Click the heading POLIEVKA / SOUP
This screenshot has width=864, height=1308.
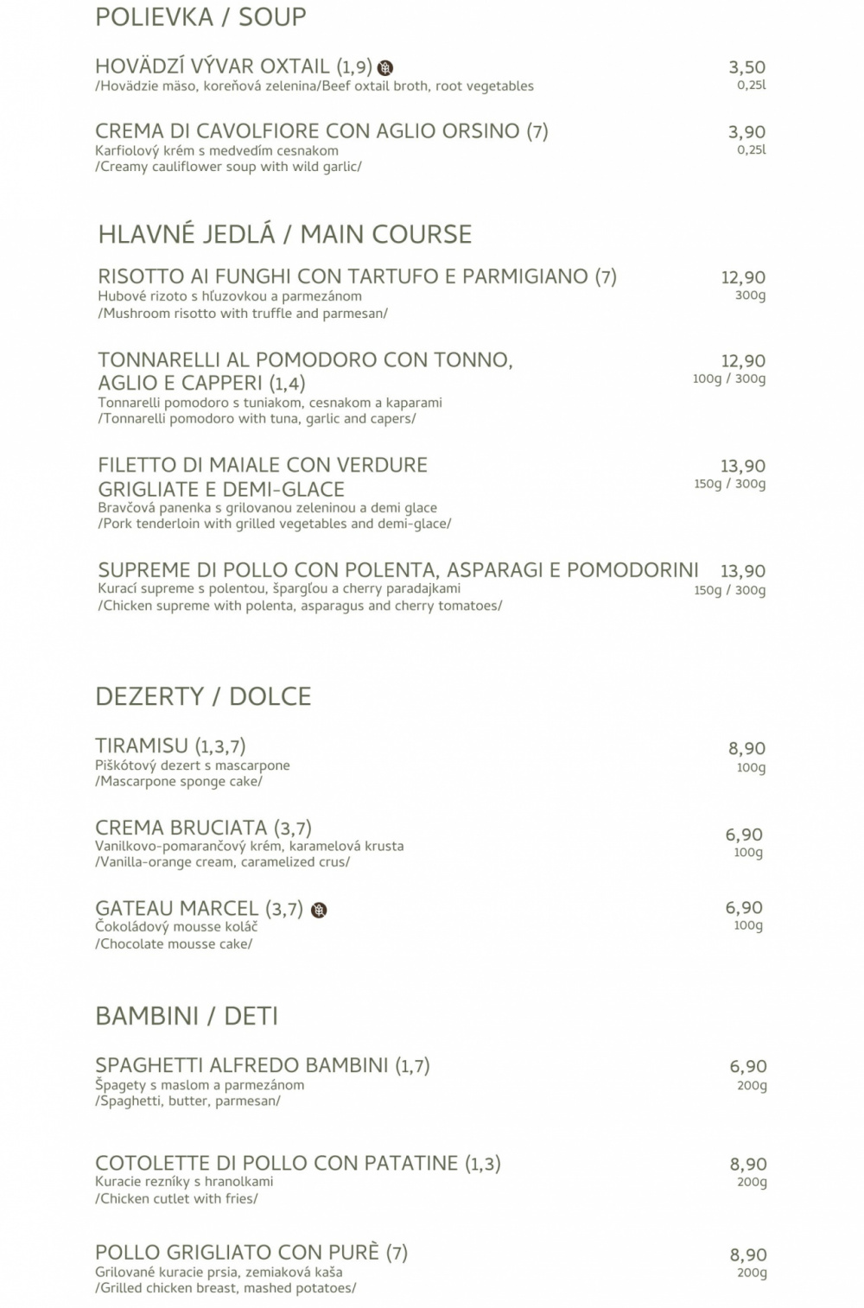pyautogui.click(x=200, y=17)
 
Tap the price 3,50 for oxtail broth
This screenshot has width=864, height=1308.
pyautogui.click(x=746, y=67)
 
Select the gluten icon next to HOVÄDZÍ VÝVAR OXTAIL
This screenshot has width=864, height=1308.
pyautogui.click(x=385, y=67)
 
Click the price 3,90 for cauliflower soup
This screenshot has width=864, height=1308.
pyautogui.click(x=746, y=132)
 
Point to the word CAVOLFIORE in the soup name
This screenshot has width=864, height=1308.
pyautogui.click(x=268, y=131)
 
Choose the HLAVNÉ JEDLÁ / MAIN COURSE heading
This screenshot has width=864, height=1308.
pyautogui.click(x=285, y=234)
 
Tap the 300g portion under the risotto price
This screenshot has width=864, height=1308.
pyautogui.click(x=750, y=295)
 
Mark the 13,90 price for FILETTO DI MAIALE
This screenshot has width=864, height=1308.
pyautogui.click(x=743, y=467)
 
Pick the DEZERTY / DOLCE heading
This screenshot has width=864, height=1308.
pyautogui.click(x=203, y=696)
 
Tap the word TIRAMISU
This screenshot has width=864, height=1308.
pyautogui.click(x=142, y=746)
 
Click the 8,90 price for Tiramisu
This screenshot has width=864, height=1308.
pyautogui.click(x=746, y=749)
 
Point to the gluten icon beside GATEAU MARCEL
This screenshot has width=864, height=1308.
pyautogui.click(x=319, y=910)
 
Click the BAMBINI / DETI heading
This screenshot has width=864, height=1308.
pyautogui.click(x=187, y=1016)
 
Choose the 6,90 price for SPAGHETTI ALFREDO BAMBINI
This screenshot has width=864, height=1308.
pyautogui.click(x=748, y=1067)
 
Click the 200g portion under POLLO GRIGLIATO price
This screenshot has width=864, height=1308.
pyautogui.click(x=752, y=1273)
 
